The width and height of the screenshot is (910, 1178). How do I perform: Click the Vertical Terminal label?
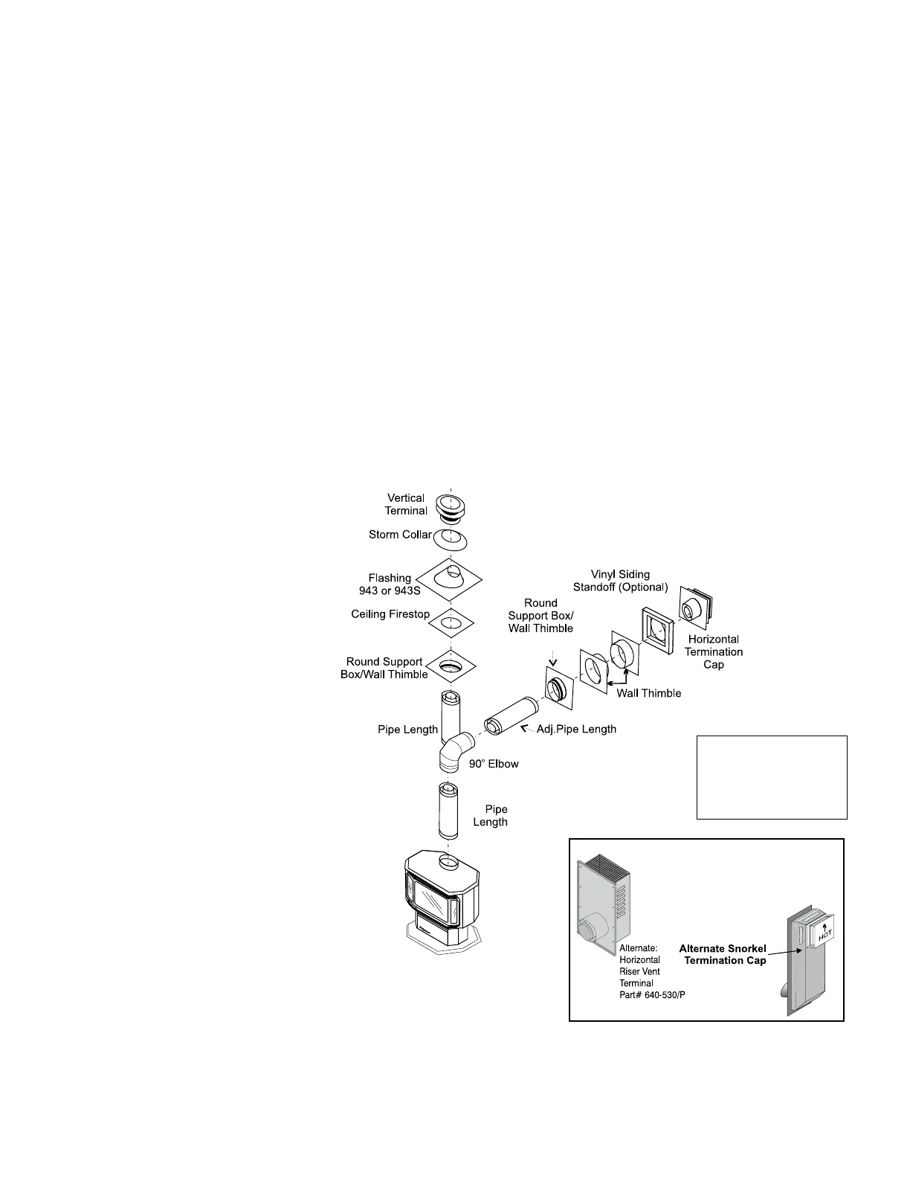coord(406,504)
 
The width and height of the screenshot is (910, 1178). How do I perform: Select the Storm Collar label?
coord(400,535)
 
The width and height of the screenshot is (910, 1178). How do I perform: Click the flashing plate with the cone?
coord(448,578)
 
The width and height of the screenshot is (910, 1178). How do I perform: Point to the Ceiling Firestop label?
coord(390,614)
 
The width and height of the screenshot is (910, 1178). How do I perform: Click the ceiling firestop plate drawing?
coord(448,621)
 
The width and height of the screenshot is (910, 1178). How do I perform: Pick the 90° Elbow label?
coord(494,764)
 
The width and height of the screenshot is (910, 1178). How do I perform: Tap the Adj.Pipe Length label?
coord(576,729)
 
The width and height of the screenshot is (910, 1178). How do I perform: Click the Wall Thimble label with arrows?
coord(649,693)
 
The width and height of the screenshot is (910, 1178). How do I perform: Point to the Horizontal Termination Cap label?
coord(714,651)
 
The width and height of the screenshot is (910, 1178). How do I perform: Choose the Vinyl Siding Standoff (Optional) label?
coord(620,581)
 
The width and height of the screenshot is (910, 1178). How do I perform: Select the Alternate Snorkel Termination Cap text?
coord(722,954)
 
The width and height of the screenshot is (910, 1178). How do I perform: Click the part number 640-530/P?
coord(652,995)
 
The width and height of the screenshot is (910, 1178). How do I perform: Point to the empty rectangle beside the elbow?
coord(772,777)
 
